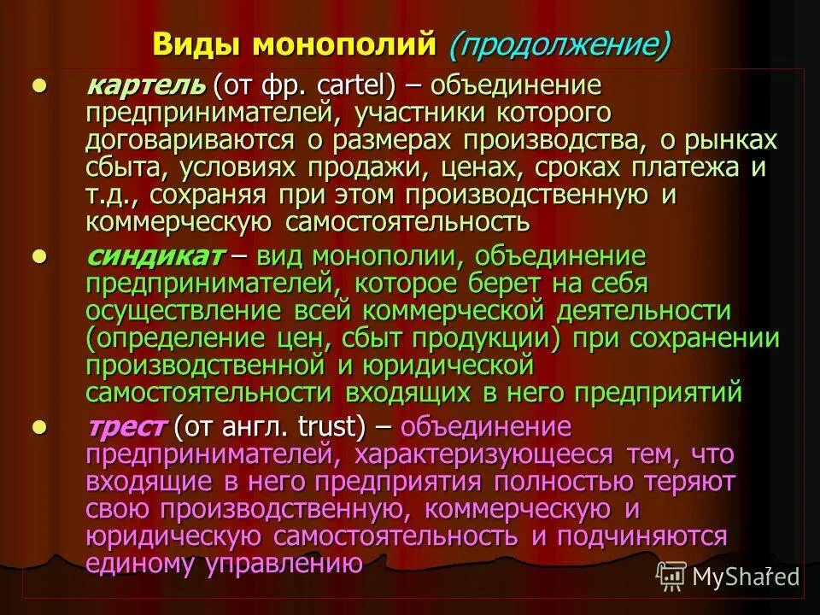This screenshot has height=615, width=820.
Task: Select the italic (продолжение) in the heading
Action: click(559, 44)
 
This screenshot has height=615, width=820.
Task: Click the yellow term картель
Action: click(145, 85)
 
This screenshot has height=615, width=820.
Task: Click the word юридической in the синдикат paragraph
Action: click(439, 366)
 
